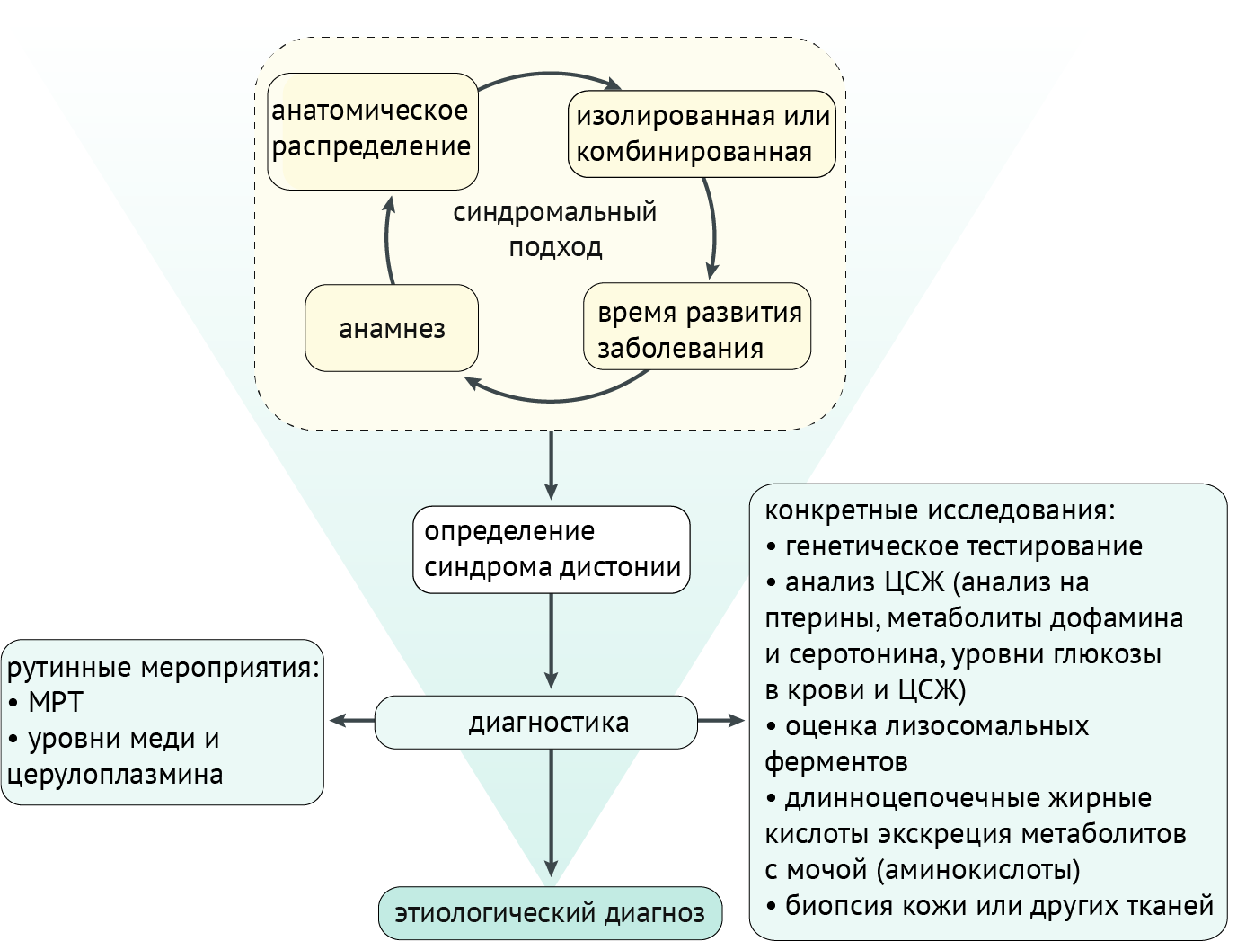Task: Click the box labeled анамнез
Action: pos(392,329)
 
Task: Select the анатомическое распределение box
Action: pos(372,130)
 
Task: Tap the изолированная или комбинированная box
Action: pos(702,134)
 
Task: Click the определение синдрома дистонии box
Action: pos(551,549)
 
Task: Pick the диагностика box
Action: pos(535,722)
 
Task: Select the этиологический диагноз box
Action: pos(550,913)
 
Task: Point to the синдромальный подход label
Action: pos(554,229)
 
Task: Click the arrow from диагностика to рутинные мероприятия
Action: pos(351,720)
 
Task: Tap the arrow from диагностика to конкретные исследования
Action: pos(721,720)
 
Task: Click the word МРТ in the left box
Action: pos(56,703)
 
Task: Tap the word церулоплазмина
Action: pos(115,775)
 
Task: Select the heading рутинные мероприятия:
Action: pos(163,668)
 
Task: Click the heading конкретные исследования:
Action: pos(939,510)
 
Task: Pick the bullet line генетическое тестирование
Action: pos(963,546)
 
